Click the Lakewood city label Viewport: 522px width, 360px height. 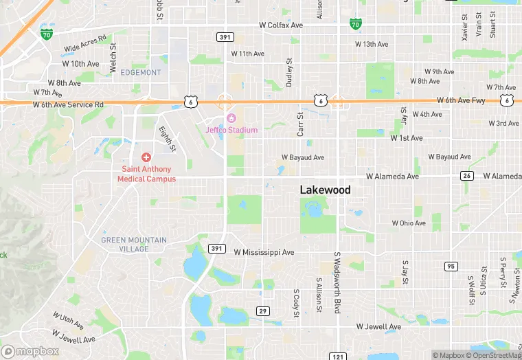coord(325,190)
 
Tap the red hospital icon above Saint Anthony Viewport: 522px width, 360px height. coord(146,158)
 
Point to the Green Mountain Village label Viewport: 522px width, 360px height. coord(133,244)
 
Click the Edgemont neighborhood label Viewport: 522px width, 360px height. coord(140,72)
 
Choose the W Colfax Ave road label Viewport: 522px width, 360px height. coord(281,25)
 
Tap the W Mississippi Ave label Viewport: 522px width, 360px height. coord(264,253)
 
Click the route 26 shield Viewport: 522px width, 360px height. coord(467,176)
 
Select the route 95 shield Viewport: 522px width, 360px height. coord(451,266)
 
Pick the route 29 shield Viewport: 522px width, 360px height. coord(262,311)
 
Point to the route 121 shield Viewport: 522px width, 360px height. coord(337,356)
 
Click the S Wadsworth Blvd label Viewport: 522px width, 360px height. coord(337,282)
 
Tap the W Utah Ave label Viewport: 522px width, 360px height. coord(69,319)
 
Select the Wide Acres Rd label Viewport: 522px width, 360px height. coord(85,43)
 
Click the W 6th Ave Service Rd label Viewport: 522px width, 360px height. coord(68,104)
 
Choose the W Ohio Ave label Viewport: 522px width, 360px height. coord(409,223)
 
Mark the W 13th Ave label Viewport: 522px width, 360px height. coord(372,44)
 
